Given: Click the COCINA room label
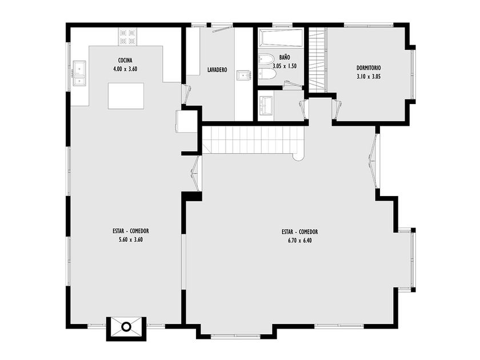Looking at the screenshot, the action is tap(125, 60).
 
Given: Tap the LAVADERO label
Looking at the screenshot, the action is tap(217, 70).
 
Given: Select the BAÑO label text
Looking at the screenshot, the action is tap(285, 57).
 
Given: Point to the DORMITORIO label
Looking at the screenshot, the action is tap(369, 68).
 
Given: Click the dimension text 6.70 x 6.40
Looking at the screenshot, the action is tap(299, 241).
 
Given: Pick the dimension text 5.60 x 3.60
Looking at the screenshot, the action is tap(131, 239).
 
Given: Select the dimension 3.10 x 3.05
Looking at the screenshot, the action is tap(369, 77).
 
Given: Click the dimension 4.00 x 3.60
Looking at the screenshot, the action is tap(125, 69).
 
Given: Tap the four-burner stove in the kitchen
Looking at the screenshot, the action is tap(127, 37).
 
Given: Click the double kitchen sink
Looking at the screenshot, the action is tap(79, 74).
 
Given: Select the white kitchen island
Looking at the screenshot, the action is tap(126, 96).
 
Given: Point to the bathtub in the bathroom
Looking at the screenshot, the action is tap(281, 38).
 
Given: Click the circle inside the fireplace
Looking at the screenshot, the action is tap(126, 327).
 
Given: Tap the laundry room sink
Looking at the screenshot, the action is tap(243, 75).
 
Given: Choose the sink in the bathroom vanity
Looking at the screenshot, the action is tap(266, 106).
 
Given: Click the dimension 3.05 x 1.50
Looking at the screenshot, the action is tap(285, 66).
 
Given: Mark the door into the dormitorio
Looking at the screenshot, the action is tap(337, 109).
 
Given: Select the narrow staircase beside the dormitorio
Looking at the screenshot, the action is tap(317, 59).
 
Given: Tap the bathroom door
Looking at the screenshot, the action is tap(303, 109).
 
